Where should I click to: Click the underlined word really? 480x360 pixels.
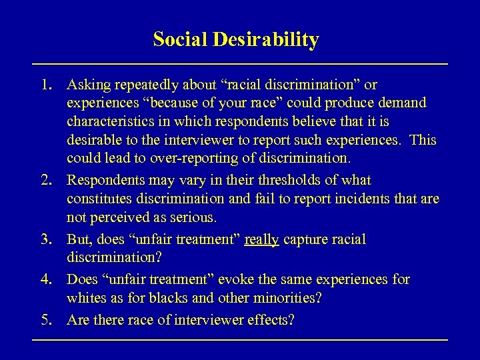tap(261, 239)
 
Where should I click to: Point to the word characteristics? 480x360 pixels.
tap(108, 122)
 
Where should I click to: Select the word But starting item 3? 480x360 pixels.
tap(79, 239)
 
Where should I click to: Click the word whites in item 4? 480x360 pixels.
tap(85, 297)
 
